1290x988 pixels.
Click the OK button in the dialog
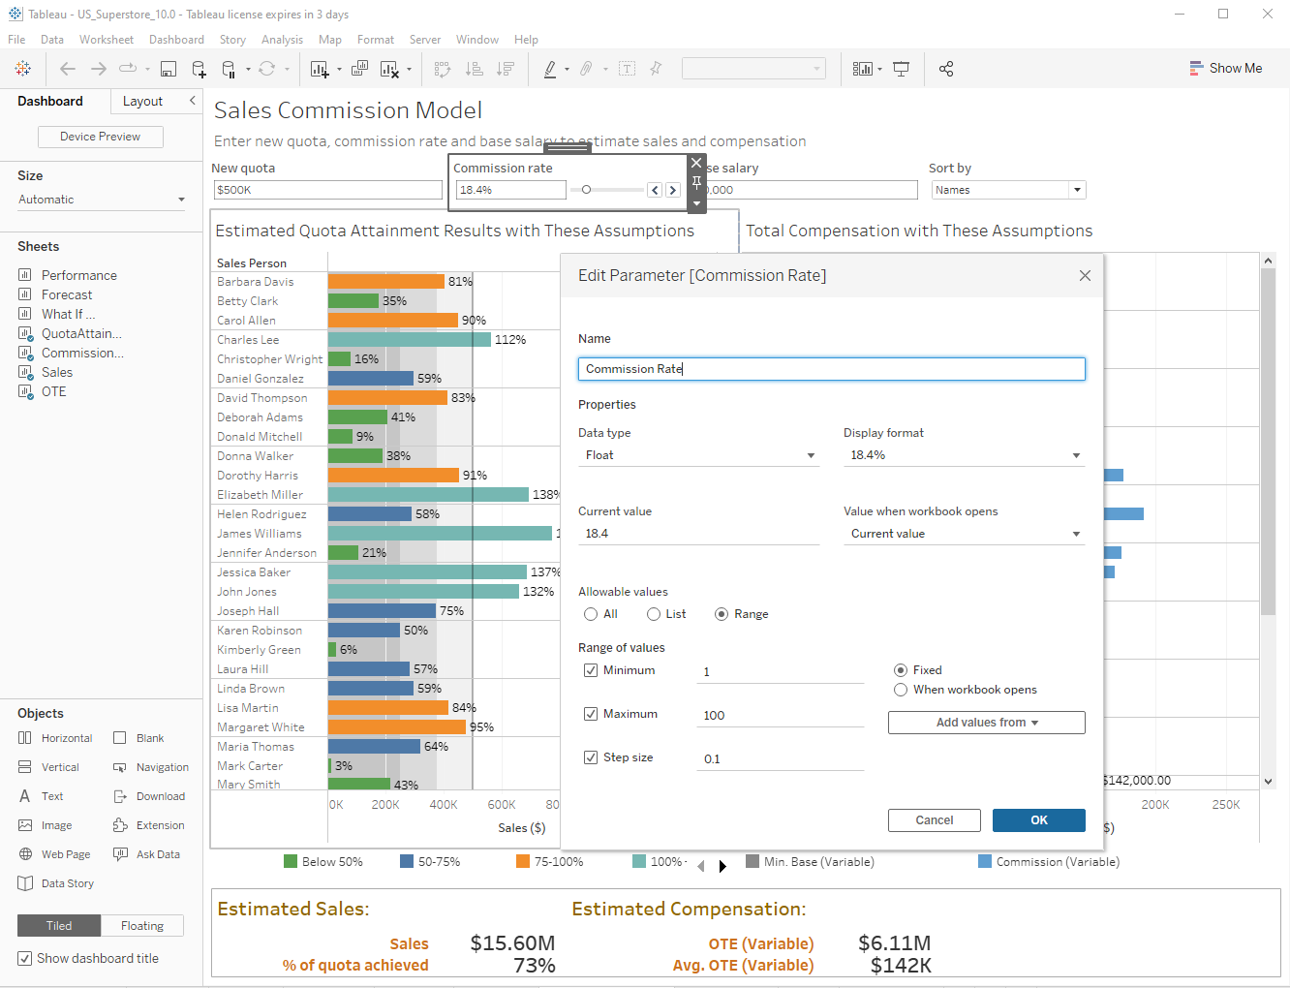click(1038, 820)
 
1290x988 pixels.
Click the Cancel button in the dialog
click(934, 820)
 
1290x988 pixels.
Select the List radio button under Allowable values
click(655, 614)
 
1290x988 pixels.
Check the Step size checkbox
click(591, 757)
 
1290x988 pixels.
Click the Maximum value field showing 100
click(780, 715)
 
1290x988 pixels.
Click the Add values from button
click(986, 723)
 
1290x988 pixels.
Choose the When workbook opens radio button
click(901, 690)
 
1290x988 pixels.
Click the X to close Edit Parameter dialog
click(1085, 276)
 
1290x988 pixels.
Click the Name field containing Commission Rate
click(831, 369)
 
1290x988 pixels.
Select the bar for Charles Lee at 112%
click(409, 339)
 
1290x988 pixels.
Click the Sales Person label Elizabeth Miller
click(260, 495)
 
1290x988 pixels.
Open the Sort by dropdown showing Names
click(1008, 190)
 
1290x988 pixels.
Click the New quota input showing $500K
click(327, 190)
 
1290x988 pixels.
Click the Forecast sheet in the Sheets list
click(67, 294)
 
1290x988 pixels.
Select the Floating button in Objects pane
click(142, 926)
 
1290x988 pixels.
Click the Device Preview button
click(100, 137)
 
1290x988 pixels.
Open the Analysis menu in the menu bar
click(282, 40)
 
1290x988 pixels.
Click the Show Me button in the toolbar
click(1225, 69)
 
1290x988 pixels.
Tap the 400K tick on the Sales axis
click(444, 805)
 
